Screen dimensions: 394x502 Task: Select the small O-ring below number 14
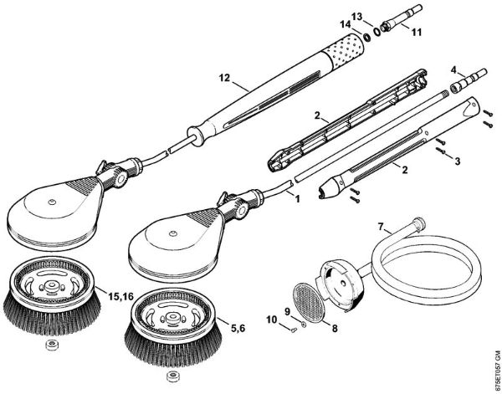(x=366, y=38)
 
